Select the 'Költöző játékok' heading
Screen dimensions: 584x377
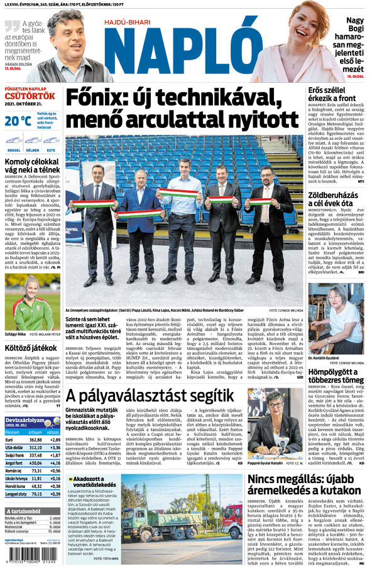click(x=31, y=347)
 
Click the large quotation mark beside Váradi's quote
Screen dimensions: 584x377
click(x=12, y=26)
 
